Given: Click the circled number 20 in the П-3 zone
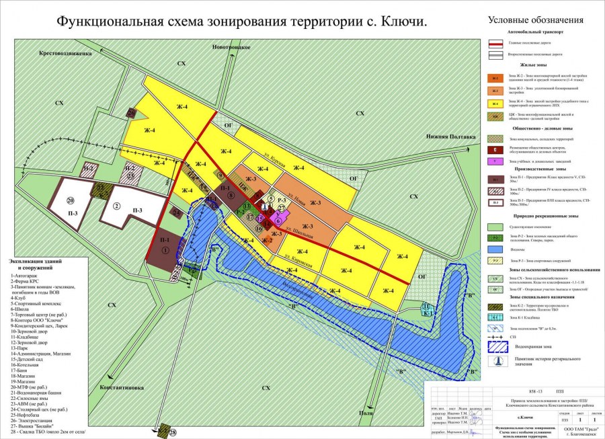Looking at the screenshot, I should pyautogui.click(x=70, y=200).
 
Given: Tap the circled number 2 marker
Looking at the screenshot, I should pyautogui.click(x=117, y=206).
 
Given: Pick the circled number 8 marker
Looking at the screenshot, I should pyautogui.click(x=231, y=196).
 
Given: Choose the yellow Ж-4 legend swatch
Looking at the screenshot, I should pyautogui.click(x=495, y=103).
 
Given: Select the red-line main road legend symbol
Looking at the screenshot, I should pyautogui.click(x=495, y=42).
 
